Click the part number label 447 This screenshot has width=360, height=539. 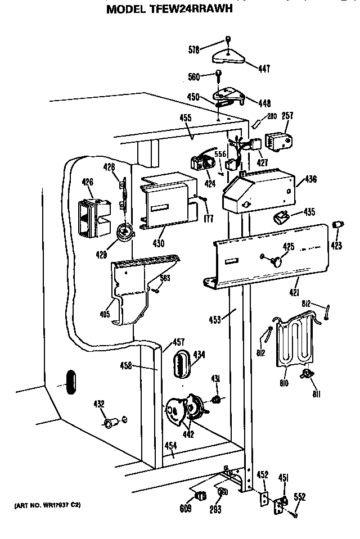pyautogui.click(x=264, y=69)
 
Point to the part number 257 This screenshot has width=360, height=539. pyautogui.click(x=287, y=116)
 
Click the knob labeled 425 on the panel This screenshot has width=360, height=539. pyautogui.click(x=276, y=260)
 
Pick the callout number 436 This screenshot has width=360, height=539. pyautogui.click(x=310, y=180)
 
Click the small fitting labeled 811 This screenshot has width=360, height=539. pyautogui.click(x=308, y=373)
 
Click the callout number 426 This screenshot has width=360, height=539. pyautogui.click(x=88, y=182)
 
